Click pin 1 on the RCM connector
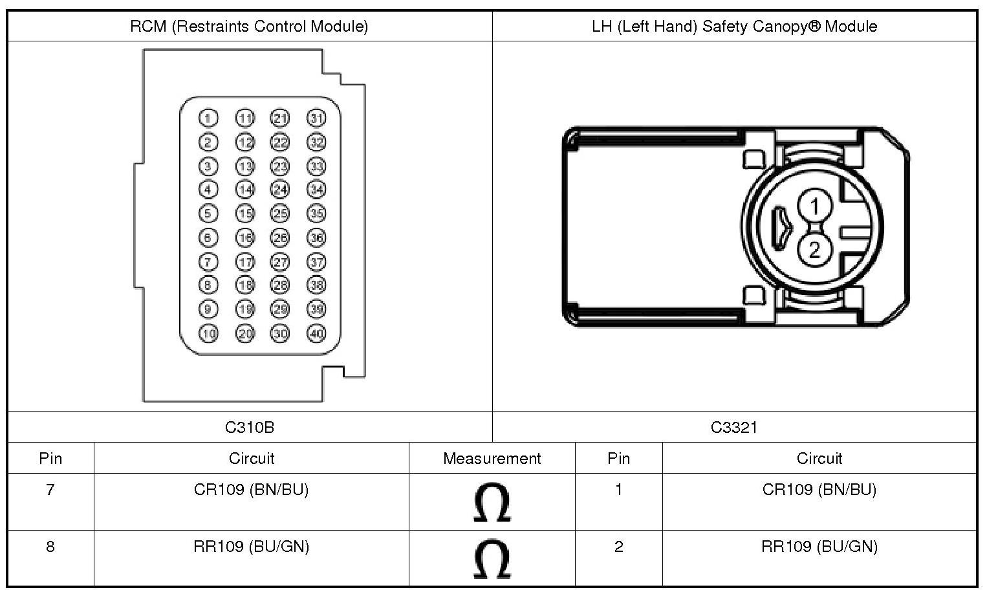pos(208,118)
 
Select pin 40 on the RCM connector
pos(316,334)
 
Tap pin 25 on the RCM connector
pos(280,214)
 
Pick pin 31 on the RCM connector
pos(316,118)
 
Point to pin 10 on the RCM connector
pos(208,334)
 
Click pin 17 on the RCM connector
pos(245,262)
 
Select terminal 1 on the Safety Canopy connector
pos(814,206)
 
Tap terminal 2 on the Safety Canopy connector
pos(814,249)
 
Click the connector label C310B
pos(250,427)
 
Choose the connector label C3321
pos(734,427)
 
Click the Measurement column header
pos(492,459)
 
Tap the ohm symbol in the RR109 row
pos(492,560)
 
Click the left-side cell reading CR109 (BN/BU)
pos(251,490)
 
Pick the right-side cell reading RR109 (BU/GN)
pos(819,547)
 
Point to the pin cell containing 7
pos(50,490)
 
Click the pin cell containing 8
pos(50,547)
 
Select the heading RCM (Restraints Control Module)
pos(249,27)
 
